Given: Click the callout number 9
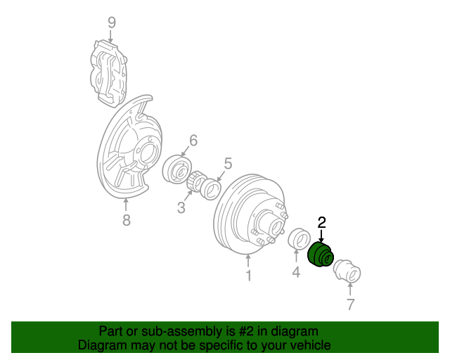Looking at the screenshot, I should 111,22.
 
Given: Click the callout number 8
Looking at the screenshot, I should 126,221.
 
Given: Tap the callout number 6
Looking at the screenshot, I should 193,140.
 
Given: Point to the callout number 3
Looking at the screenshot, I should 181,207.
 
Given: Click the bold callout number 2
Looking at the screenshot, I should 322,223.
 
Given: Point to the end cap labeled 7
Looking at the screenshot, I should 345,270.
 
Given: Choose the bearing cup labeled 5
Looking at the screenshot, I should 212,188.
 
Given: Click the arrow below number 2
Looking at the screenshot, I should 322,236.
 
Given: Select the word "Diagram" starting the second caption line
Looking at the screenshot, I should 102,345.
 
